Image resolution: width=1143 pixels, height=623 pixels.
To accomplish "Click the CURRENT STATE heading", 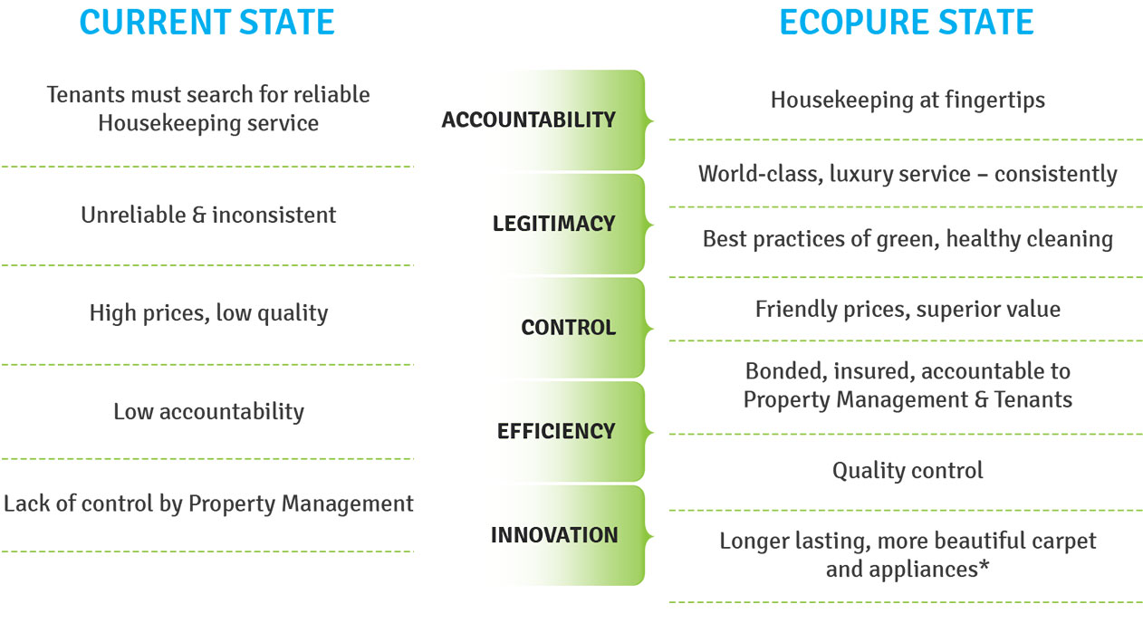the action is (207, 22).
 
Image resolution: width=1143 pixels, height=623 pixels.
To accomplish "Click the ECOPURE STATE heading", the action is (907, 22).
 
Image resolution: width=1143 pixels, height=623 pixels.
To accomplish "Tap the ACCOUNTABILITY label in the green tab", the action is (529, 120).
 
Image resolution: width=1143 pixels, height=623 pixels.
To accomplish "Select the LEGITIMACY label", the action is (554, 224).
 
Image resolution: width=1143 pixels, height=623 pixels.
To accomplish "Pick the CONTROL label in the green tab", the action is (569, 328).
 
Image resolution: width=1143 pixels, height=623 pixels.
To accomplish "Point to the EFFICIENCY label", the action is (556, 431).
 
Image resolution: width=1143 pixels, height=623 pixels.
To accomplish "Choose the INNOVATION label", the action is (554, 535).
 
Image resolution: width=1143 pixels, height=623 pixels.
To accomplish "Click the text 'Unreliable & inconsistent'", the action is (208, 215).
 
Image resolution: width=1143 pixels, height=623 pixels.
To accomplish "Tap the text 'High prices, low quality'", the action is (208, 312).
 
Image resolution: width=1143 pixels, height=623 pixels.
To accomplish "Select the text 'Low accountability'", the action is (208, 411).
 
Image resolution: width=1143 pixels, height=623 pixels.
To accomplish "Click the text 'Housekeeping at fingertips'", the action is (908, 100).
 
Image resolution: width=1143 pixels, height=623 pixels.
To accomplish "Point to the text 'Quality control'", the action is (908, 470).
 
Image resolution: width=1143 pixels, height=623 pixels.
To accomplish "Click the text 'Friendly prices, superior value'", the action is (908, 309).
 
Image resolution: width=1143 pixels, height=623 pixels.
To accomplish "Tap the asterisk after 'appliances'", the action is (984, 565).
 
